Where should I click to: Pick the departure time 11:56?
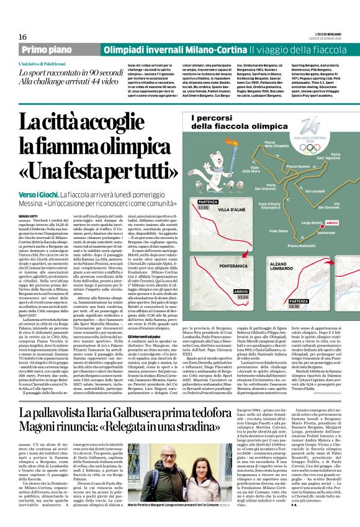coord(203,207)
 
